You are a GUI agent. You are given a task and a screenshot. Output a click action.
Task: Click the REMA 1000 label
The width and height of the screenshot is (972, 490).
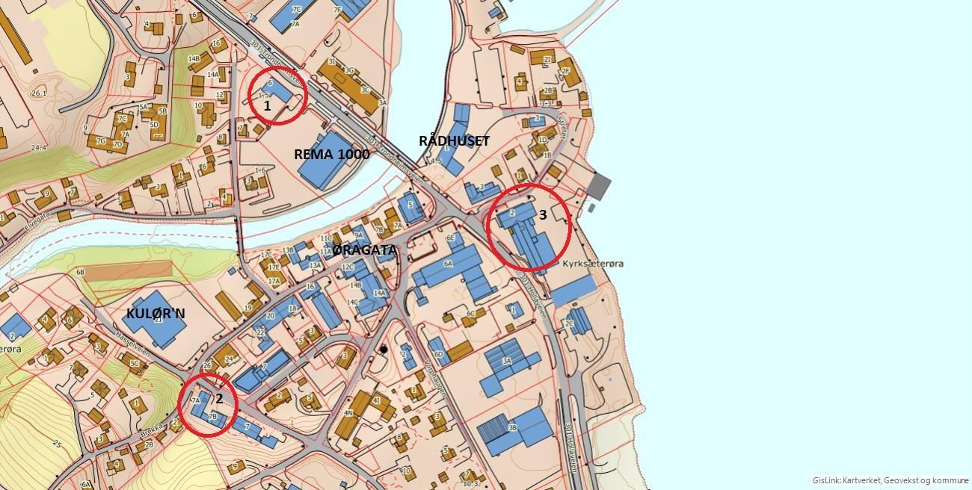pyautogui.click(x=331, y=155)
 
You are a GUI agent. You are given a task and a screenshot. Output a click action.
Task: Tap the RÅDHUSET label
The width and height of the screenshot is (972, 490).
pyautogui.click(x=454, y=140)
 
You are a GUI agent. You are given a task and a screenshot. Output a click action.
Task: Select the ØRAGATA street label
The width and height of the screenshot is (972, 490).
pyautogui.click(x=365, y=250)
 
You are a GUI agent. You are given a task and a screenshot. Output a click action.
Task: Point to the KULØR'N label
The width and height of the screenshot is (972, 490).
pyautogui.click(x=156, y=313)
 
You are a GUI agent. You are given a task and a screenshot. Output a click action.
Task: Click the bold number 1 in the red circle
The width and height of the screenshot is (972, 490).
pyautogui.click(x=267, y=106)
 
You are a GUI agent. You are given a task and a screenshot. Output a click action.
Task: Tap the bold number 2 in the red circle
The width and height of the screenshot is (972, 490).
pyautogui.click(x=219, y=399)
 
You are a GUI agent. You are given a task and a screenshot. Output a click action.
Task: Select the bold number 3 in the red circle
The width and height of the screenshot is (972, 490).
pyautogui.click(x=543, y=215)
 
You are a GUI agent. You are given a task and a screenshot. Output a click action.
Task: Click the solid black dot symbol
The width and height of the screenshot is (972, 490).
pyautogui.click(x=384, y=349)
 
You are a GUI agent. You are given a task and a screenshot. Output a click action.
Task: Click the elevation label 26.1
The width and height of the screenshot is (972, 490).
pyautogui.click(x=39, y=93)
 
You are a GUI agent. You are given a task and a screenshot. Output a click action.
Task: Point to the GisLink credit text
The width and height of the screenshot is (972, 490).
pyautogui.click(x=890, y=480)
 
